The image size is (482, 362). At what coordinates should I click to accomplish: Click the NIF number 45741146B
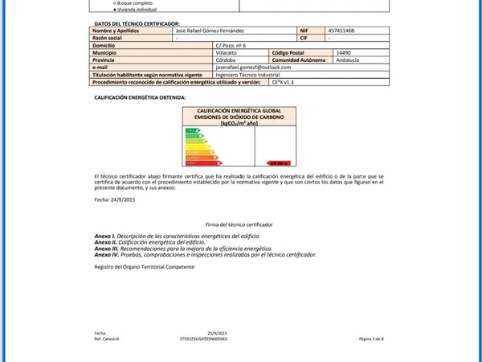(x=341, y=31)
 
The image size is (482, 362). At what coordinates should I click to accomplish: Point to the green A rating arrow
(x=190, y=129)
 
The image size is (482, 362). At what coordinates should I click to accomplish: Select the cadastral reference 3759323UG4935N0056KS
(x=204, y=339)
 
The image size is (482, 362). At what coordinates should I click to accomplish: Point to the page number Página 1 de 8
(x=371, y=339)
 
